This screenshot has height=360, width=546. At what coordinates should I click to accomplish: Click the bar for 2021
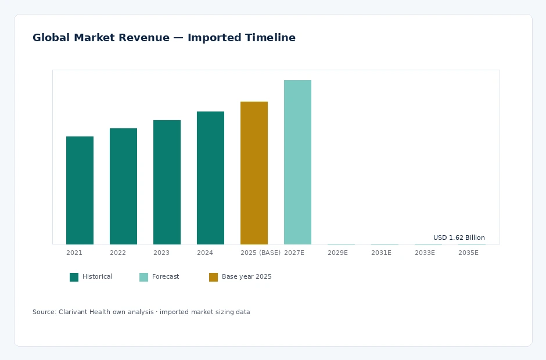click(80, 190)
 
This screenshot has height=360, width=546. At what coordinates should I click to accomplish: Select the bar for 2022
click(123, 186)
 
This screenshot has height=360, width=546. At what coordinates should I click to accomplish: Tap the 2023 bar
click(167, 182)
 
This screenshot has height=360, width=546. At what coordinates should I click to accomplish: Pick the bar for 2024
click(210, 178)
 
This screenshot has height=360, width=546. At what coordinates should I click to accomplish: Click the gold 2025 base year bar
click(254, 172)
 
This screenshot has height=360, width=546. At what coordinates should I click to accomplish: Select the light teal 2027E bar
click(297, 162)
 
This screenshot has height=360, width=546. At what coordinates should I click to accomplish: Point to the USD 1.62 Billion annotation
click(459, 237)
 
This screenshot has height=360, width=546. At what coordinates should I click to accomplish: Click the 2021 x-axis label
click(74, 253)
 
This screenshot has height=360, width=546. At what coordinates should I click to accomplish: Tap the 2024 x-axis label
click(204, 253)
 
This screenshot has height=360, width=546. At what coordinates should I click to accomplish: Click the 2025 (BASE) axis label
click(260, 253)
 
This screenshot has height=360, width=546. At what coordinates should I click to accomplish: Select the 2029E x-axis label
click(337, 253)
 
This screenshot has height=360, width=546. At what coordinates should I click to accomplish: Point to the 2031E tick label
click(381, 253)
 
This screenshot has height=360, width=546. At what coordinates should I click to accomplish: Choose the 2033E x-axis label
click(425, 253)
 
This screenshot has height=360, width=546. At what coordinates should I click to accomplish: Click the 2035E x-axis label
click(468, 253)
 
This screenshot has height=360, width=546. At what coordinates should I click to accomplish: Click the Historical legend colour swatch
click(74, 277)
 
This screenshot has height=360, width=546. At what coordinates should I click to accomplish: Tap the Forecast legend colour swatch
click(143, 277)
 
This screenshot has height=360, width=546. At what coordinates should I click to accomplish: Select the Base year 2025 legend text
click(246, 276)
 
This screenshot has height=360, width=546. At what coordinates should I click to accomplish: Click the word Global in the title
click(51, 38)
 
